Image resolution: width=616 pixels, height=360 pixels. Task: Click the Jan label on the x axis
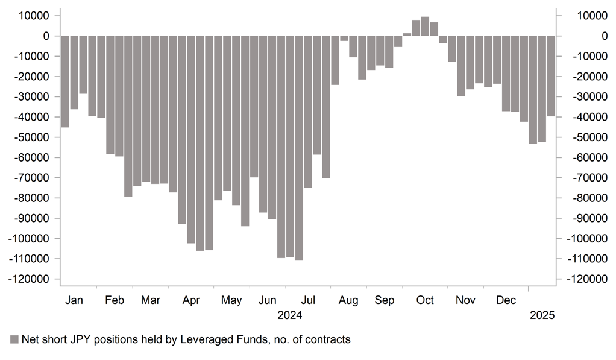pos(74,300)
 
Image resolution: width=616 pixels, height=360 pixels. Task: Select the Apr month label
pos(192,300)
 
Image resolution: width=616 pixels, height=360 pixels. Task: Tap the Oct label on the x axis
pos(426,300)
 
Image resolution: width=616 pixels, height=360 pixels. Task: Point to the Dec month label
pos(506,300)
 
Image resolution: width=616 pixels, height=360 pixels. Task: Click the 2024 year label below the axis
pos(289,315)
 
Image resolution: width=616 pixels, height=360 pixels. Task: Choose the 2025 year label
pos(541,315)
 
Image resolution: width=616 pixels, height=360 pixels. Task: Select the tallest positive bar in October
pos(425,27)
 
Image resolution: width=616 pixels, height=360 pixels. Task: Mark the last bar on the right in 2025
pos(551,76)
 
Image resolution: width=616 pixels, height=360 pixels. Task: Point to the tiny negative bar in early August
pos(344,39)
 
